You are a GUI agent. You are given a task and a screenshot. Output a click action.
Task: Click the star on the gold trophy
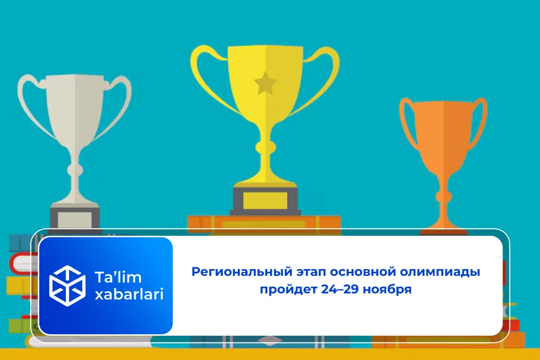264,83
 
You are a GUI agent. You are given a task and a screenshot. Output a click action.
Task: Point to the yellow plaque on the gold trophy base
265,201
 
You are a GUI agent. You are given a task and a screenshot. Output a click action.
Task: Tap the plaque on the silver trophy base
75,220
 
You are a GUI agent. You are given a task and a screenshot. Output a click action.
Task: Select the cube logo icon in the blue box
67,285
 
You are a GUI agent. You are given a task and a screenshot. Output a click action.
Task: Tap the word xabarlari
129,295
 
